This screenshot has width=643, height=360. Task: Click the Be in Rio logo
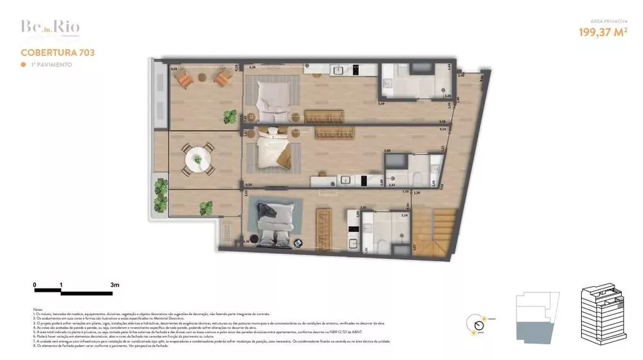click(x=42, y=28)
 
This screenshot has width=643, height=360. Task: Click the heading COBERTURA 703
click(x=58, y=52)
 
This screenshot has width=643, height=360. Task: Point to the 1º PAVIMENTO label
click(x=48, y=65)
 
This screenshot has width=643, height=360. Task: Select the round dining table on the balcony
click(x=198, y=157)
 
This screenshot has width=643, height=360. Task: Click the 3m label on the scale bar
click(x=115, y=283)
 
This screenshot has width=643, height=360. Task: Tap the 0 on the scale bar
click(x=35, y=283)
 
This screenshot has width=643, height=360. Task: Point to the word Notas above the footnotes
click(x=38, y=309)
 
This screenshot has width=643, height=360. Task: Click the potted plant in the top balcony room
click(x=230, y=117)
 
